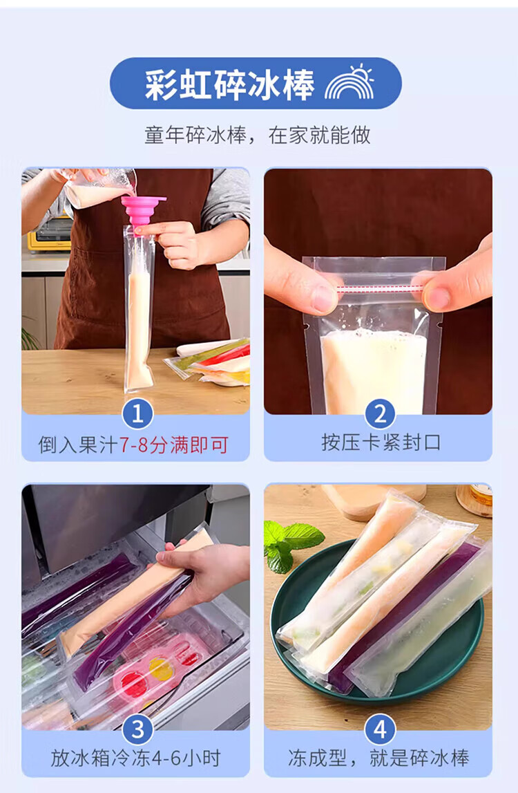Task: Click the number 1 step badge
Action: pos(137,414)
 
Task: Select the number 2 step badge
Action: pos(380,414)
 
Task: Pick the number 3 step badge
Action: pos(137,729)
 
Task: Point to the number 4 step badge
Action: pos(380,729)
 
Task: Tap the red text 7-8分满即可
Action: pos(174,445)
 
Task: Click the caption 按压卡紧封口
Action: pos(381,442)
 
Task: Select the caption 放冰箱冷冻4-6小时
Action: pos(135,758)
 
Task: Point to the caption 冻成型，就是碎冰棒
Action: pos(379,758)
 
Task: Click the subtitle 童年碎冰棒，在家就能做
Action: pos(258,136)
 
